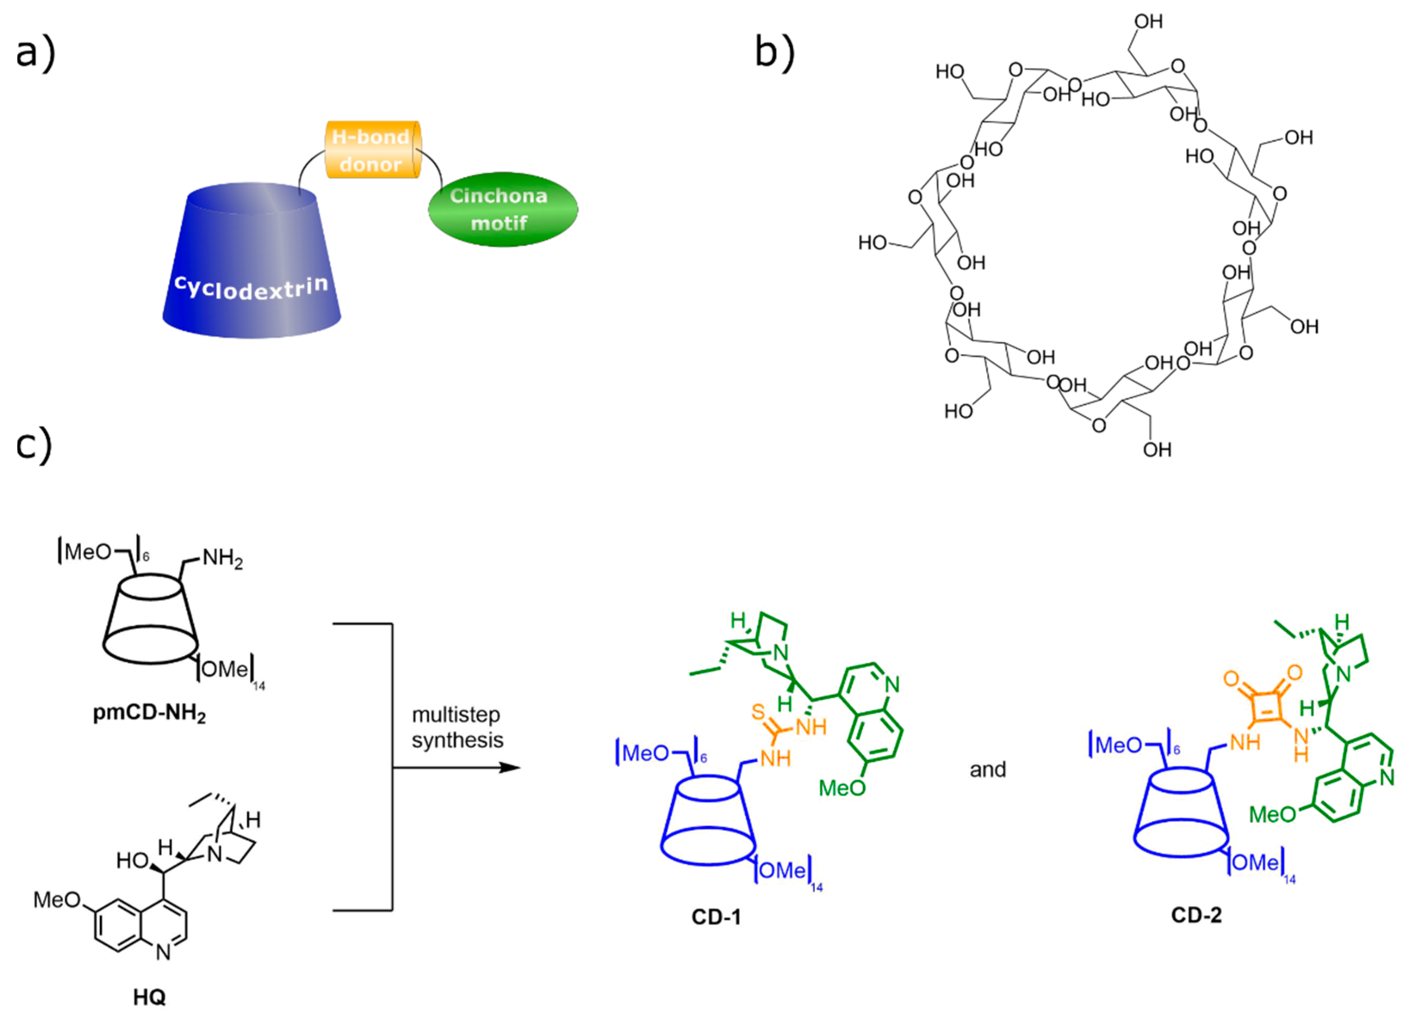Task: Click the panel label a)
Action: point(35,53)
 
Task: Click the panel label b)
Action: point(774,53)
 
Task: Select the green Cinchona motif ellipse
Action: point(502,209)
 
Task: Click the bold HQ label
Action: point(149,997)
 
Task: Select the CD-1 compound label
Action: point(716,917)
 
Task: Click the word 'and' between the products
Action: point(988,770)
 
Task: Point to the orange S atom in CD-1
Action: point(757,712)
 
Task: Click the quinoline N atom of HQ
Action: point(163,952)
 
